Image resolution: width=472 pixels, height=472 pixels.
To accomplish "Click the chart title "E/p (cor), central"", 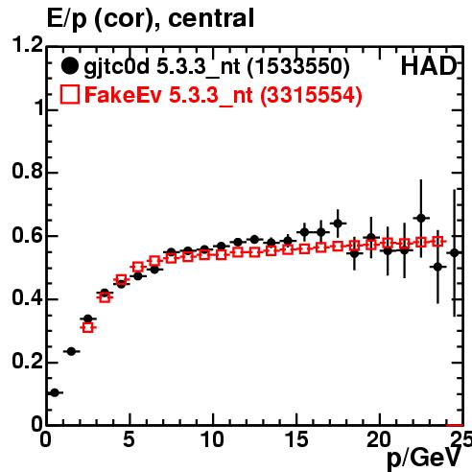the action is click(x=151, y=18).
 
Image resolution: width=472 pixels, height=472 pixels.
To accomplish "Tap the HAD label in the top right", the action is click(x=429, y=66).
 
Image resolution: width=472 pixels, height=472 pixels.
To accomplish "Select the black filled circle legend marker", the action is click(x=69, y=66).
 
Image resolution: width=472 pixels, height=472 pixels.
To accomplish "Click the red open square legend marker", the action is click(x=70, y=94).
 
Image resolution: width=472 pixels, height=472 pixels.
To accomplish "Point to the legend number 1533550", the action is click(x=298, y=66).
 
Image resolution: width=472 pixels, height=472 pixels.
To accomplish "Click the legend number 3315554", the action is click(x=311, y=95).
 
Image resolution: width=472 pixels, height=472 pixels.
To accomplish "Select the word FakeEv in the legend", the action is click(x=123, y=95).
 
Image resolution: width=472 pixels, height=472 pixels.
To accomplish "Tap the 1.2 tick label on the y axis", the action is click(x=28, y=45).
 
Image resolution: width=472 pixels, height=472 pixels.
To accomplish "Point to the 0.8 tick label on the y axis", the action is click(x=27, y=171).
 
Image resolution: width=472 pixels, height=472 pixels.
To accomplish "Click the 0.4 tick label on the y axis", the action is click(x=27, y=297).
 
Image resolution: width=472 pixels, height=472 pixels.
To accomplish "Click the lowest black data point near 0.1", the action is click(x=55, y=392).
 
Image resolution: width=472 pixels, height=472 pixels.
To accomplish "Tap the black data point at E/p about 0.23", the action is click(x=71, y=351).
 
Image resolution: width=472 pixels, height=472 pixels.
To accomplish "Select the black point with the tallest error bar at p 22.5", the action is click(x=421, y=219).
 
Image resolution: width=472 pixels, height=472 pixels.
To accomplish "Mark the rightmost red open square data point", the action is click(x=437, y=242).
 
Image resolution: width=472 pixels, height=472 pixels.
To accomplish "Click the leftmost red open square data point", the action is click(x=88, y=327).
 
